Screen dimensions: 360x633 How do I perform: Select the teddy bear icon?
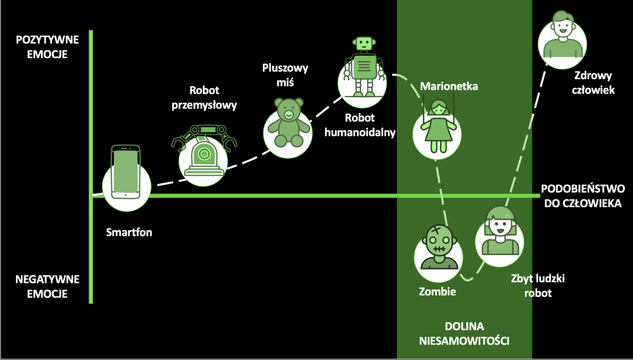(x=288, y=124)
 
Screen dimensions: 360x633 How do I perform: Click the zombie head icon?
(x=438, y=247)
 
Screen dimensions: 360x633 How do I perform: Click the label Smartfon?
(x=129, y=233)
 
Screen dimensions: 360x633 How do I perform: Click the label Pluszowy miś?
(x=285, y=75)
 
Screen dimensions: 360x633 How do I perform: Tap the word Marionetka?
(x=449, y=87)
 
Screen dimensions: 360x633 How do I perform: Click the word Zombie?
(x=437, y=291)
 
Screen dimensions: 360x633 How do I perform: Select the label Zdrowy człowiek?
(x=592, y=83)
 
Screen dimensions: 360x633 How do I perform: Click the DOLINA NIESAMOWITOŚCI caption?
(x=464, y=333)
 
